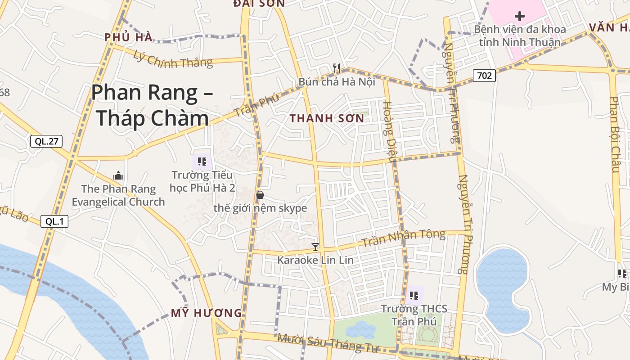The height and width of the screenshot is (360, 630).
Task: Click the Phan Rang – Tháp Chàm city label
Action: [x=152, y=105]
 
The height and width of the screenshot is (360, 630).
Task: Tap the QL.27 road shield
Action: [x=46, y=141]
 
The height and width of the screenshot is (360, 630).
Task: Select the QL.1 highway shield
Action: [x=54, y=221]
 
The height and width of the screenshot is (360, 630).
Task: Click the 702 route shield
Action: [x=484, y=76]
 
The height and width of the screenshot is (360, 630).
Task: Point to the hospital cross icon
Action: [x=520, y=17]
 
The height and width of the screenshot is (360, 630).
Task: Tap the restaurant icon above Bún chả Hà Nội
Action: [x=337, y=68]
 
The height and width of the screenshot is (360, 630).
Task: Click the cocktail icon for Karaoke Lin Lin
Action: [x=315, y=247]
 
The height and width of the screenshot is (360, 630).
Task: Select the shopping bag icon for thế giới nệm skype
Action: [x=260, y=195]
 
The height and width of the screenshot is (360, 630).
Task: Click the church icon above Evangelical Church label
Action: [x=118, y=175]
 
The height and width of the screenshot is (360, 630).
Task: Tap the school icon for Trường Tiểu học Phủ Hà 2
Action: [x=202, y=161]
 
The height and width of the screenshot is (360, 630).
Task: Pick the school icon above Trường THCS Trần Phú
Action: [x=414, y=295]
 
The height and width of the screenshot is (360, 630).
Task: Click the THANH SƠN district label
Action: [x=327, y=118]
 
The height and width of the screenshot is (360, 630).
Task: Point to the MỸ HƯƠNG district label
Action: [x=207, y=313]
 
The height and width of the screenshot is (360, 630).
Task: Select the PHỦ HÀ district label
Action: [x=128, y=37]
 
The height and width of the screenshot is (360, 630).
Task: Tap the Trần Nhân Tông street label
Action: [x=403, y=238]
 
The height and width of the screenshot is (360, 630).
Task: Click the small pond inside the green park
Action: [x=360, y=329]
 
